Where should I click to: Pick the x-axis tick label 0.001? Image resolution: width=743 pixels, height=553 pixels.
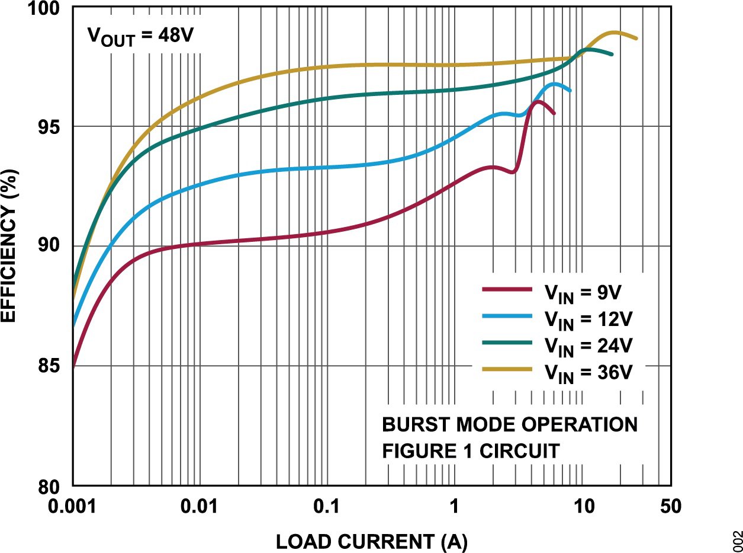pos(73,507)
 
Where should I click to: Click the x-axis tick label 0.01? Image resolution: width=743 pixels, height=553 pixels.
pos(200,507)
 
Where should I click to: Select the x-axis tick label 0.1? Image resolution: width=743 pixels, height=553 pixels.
pos(327,507)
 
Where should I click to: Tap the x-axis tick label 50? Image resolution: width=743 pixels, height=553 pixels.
pos(670,507)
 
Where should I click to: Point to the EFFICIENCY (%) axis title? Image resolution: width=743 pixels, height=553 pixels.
pos(10,246)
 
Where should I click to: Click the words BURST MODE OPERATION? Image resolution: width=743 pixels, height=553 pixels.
pos(510,425)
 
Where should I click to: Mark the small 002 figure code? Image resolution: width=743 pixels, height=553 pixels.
pos(736,541)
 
